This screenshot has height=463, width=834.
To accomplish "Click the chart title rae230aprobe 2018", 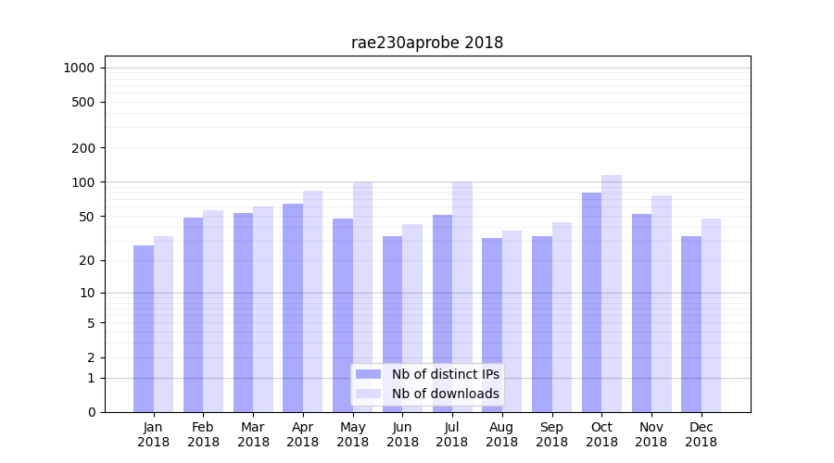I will click(427, 43).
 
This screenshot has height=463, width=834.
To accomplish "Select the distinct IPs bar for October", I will click(591, 302).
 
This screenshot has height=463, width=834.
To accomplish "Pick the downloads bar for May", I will click(362, 296).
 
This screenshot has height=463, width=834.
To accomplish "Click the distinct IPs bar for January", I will click(144, 329).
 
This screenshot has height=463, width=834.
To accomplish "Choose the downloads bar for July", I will click(461, 296).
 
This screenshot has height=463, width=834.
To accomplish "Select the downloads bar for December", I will click(711, 315).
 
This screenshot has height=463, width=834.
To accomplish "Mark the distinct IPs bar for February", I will click(193, 315).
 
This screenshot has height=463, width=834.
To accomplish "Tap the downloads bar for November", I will click(662, 304).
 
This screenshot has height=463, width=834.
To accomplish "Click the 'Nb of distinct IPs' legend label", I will click(445, 374).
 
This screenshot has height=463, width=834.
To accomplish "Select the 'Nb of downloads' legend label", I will click(445, 394).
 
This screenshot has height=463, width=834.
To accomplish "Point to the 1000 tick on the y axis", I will click(79, 68).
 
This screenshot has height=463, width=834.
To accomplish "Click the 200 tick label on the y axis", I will click(84, 148).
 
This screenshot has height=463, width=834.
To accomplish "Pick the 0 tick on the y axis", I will click(91, 412).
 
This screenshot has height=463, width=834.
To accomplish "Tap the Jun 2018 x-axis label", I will click(402, 434).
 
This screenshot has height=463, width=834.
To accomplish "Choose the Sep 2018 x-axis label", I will click(551, 434).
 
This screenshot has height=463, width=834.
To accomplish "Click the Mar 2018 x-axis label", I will click(253, 434).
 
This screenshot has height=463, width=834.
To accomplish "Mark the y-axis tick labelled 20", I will click(87, 260).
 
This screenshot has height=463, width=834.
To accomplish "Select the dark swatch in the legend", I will click(369, 374).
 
